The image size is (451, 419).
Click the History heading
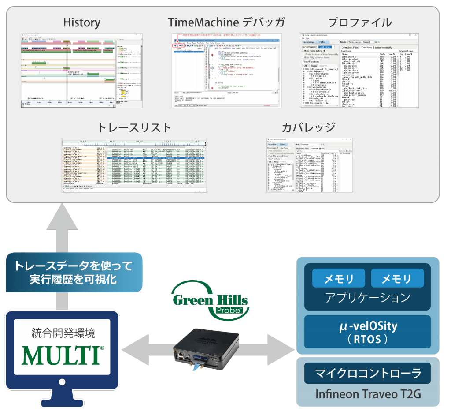82,22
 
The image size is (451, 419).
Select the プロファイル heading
360,22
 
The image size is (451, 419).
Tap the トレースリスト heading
134,128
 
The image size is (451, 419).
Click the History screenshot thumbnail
81,70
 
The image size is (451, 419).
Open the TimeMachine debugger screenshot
226,70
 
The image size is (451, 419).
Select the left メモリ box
339,279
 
